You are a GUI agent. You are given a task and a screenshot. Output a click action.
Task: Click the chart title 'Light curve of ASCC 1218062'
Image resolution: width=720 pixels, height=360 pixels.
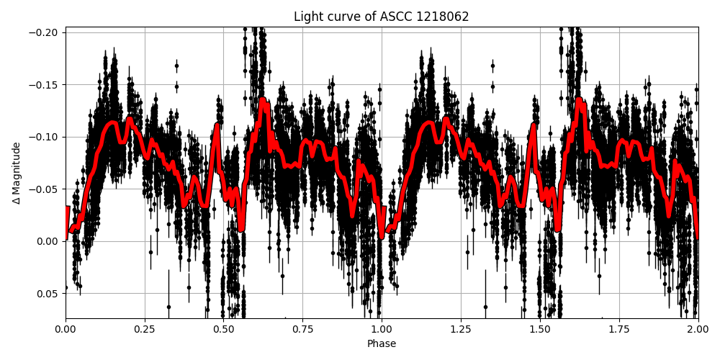click(381, 17)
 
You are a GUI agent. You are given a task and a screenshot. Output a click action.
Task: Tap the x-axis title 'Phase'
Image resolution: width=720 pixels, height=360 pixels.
click(382, 344)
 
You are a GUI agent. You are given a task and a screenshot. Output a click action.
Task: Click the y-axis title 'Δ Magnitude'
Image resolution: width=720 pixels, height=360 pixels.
click(17, 173)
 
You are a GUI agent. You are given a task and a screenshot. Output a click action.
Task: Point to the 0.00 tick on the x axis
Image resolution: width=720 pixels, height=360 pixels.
click(66, 330)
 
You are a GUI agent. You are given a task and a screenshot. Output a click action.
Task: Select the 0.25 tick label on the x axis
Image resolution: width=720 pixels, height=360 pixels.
click(145, 330)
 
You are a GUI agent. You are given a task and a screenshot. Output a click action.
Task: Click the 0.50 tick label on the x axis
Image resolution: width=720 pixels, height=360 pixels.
click(224, 330)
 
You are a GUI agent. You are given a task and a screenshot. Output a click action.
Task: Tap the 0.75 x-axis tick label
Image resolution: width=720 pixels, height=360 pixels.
click(302, 330)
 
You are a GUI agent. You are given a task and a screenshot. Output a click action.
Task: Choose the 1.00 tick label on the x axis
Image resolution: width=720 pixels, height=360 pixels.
click(382, 330)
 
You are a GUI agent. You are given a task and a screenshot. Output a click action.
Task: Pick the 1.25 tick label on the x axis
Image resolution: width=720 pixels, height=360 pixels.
click(461, 330)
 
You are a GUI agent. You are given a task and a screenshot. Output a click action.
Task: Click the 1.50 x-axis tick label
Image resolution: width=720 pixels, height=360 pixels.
click(540, 330)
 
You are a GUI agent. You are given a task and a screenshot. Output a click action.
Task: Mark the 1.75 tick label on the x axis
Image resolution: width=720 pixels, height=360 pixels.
click(619, 330)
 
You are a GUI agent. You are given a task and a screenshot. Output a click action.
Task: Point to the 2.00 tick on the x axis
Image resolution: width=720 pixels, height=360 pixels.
click(698, 330)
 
